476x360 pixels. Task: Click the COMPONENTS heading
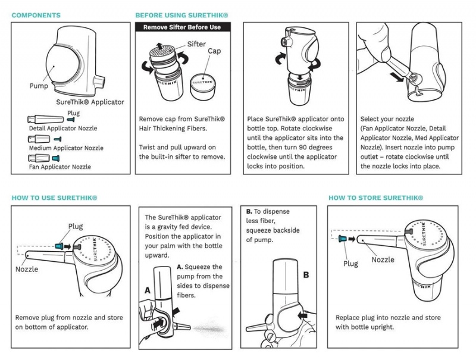coord(36,15)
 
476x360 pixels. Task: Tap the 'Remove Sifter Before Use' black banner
coord(183,27)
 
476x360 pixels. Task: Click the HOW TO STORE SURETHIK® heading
coord(376,198)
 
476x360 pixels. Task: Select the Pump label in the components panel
coord(39,86)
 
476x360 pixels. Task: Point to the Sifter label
coord(196,44)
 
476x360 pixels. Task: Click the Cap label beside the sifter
coord(214,51)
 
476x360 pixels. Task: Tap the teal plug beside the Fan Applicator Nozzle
coord(56,158)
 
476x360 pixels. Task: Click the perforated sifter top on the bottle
coord(162,51)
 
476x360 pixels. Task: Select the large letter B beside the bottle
coord(306,275)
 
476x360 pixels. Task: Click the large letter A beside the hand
coord(148,290)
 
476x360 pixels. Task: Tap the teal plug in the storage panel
coord(343,239)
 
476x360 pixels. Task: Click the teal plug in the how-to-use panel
coord(59,246)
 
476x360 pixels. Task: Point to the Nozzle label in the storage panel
coord(383,259)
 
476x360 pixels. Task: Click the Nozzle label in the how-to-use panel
coord(27,269)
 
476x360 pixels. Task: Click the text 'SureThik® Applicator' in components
coord(90,102)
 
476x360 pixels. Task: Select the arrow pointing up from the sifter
coord(159,46)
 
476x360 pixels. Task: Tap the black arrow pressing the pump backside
coord(303,316)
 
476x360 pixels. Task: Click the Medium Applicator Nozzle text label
coord(66,148)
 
